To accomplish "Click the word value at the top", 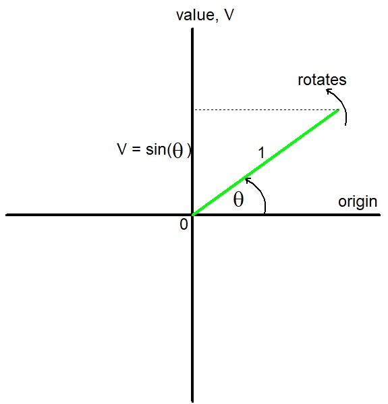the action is coord(195,16).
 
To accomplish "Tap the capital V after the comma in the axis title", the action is coord(229,15).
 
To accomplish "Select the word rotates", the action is coord(322,80).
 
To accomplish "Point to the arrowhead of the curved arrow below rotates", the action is coord(329,91).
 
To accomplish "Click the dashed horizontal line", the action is coord(267,110).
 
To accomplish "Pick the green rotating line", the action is coord(266,162).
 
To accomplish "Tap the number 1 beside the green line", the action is coord(261,153).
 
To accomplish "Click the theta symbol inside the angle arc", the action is coord(238,199).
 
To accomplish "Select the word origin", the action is coord(358,202).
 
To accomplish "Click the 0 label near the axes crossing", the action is coord(184,224).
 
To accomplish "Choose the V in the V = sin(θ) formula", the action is coord(122,149).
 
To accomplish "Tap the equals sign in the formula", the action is coord(136,149).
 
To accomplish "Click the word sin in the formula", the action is coord(156,149).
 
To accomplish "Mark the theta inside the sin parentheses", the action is coord(177,151).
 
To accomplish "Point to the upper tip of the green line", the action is coord(339,109).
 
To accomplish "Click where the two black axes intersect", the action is coord(192,215).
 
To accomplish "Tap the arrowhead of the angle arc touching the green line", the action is coord(248,180).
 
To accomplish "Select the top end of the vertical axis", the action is coord(192,28).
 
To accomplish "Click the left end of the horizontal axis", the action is coord(6,215).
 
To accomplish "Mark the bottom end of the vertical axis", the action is coord(192,401).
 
